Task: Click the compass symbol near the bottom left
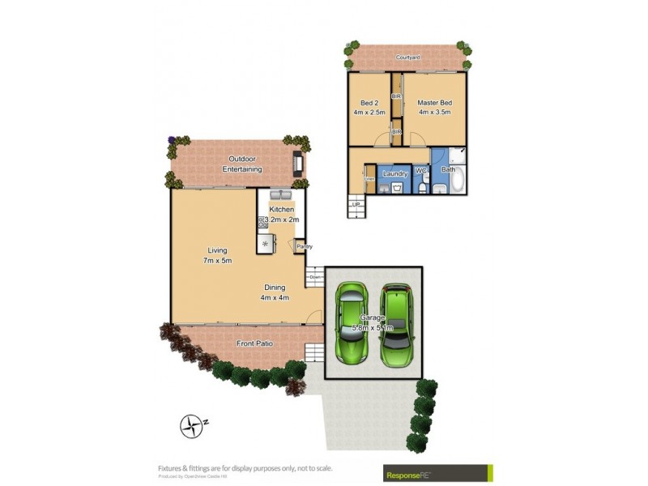(x=191, y=424)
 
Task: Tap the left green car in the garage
(x=353, y=324)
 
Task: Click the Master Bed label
(x=434, y=103)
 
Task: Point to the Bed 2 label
(x=369, y=103)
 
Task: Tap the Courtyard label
(x=407, y=58)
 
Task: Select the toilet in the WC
(x=421, y=187)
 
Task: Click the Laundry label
(x=394, y=173)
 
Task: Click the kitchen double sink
(x=281, y=196)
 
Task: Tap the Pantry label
(x=304, y=246)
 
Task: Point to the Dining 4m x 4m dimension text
(x=276, y=298)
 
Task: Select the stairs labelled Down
(x=315, y=276)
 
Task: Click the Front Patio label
(x=254, y=344)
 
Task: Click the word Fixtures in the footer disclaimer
(x=171, y=467)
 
